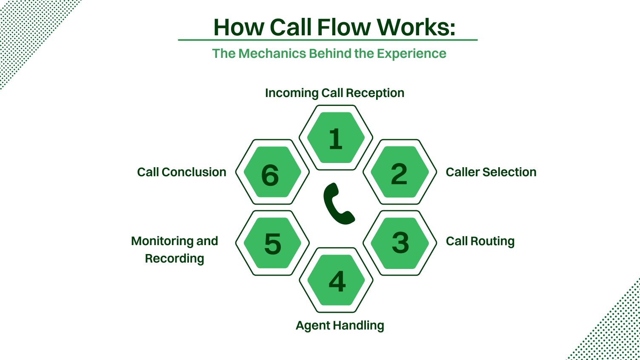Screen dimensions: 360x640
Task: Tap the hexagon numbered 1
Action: coord(336,138)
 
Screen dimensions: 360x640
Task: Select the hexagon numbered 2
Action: coord(400,172)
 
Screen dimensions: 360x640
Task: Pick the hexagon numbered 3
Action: coord(400,243)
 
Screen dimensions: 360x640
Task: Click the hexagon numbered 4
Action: coord(336,280)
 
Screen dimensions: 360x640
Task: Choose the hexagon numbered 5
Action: coord(272,243)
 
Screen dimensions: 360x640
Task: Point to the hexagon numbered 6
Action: coord(272,172)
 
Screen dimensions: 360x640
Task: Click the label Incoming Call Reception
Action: coord(334,93)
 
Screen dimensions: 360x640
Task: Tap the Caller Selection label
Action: coord(491,172)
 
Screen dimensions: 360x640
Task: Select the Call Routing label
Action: coord(480,241)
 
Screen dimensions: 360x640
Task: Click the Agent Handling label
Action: coord(340,326)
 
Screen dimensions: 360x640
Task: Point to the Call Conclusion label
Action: coord(182,172)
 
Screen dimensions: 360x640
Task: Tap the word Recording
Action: coord(174,258)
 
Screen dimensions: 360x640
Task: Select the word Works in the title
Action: coord(416,27)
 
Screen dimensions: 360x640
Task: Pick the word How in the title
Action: coord(239,27)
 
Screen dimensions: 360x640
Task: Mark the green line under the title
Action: coord(328,40)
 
